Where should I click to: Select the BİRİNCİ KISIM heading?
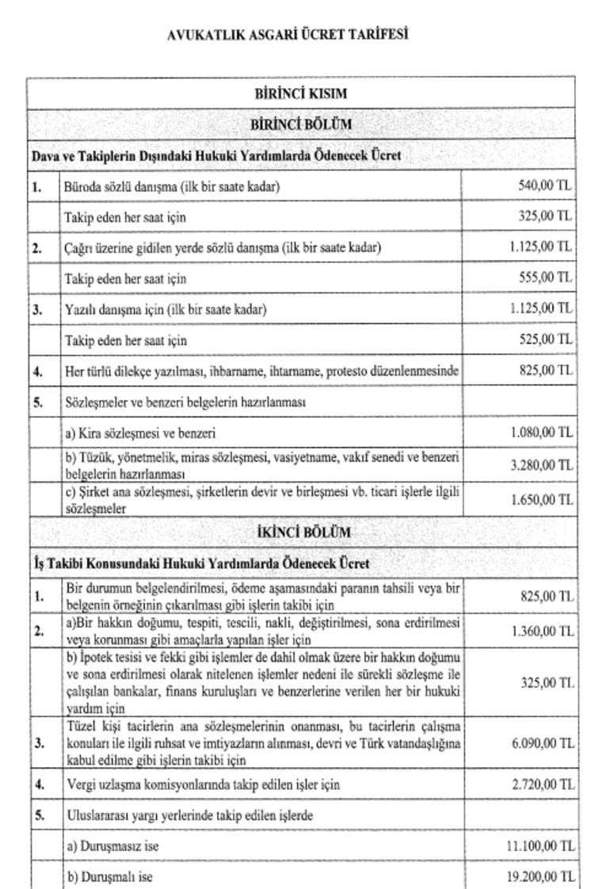click(x=300, y=93)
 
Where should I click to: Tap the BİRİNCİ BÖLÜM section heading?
click(x=300, y=124)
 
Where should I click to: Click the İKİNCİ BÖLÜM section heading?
click(x=300, y=532)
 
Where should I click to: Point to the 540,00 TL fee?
click(x=543, y=187)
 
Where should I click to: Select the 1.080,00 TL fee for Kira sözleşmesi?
click(x=540, y=433)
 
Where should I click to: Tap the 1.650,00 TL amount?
click(x=540, y=500)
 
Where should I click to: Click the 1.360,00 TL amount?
click(x=540, y=631)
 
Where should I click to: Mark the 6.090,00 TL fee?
click(x=540, y=744)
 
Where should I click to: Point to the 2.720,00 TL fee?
click(x=540, y=784)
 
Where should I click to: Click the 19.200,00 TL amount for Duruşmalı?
click(x=539, y=877)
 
